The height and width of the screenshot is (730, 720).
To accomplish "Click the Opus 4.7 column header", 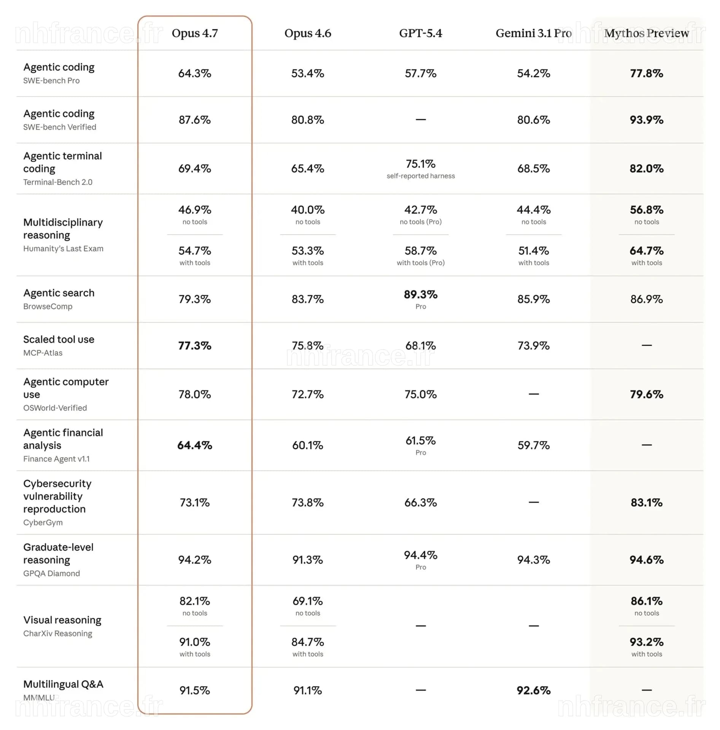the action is click(195, 33).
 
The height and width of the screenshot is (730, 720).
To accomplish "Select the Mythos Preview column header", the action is click(647, 33).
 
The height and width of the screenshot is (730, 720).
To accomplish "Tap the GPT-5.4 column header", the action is click(421, 33).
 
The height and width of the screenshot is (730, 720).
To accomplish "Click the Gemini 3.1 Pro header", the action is click(534, 33).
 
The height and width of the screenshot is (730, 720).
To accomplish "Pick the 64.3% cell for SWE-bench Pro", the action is click(195, 73).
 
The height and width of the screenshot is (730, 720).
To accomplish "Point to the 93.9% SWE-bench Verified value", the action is click(647, 120).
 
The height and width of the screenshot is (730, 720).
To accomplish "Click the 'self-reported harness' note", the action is click(421, 176).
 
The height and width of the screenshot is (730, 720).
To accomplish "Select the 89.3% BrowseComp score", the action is click(421, 294).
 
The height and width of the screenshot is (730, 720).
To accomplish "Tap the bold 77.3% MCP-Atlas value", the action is click(195, 346).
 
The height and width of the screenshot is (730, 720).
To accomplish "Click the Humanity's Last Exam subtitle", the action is click(63, 249).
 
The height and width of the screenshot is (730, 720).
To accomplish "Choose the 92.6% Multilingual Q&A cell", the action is click(534, 690).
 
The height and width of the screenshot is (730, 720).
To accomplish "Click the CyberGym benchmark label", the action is click(43, 522).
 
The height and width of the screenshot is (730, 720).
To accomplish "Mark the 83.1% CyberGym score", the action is click(647, 503).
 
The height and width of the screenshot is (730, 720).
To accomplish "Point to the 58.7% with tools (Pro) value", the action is click(421, 251).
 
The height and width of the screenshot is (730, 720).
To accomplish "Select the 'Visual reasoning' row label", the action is click(62, 620).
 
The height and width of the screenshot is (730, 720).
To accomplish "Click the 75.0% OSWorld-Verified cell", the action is click(421, 394).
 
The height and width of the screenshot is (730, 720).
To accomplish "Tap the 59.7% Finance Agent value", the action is click(534, 445).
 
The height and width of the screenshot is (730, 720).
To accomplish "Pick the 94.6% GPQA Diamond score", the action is click(647, 560).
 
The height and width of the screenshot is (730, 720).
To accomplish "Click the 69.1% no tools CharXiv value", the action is click(308, 601).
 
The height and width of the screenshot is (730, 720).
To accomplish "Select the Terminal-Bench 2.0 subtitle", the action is click(58, 182).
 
